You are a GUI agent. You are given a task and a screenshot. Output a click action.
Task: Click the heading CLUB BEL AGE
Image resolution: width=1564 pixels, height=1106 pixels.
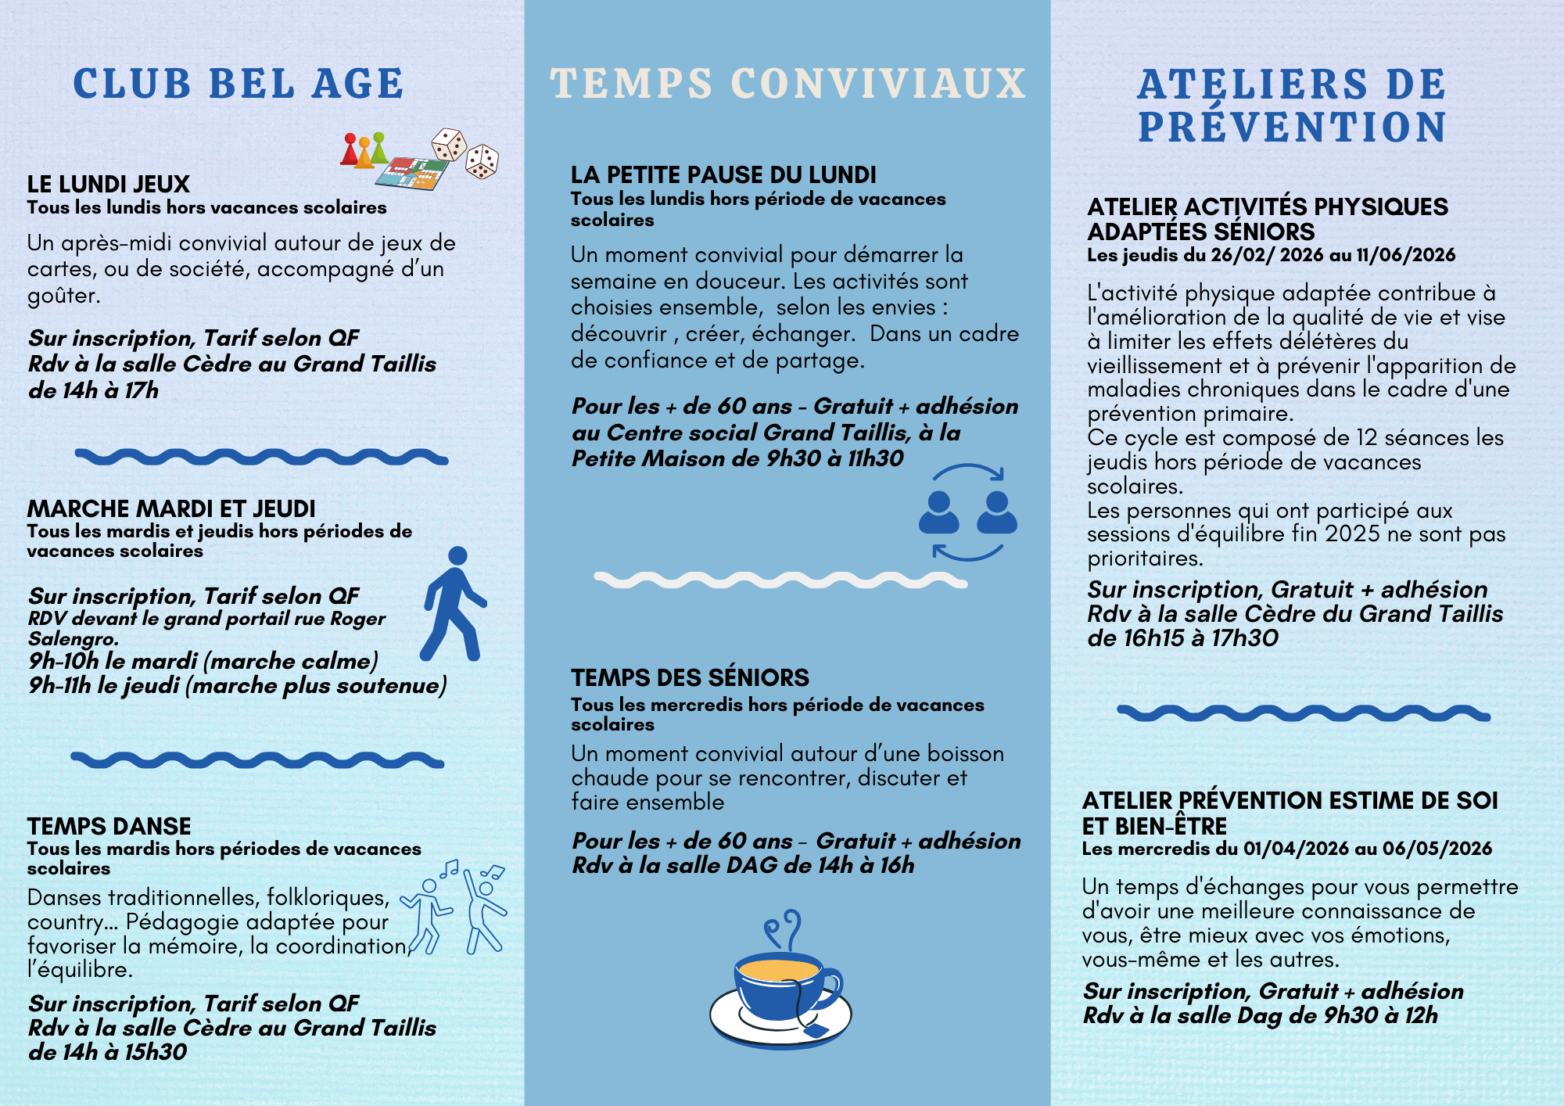pyautogui.click(x=239, y=84)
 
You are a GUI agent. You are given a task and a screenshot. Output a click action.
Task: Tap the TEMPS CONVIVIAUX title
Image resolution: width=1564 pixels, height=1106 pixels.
pyautogui.click(x=787, y=84)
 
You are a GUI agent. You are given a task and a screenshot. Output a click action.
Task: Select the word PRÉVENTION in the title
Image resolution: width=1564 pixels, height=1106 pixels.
pyautogui.click(x=1292, y=128)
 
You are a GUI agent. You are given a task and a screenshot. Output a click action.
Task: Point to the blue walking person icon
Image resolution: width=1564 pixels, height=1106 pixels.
pyautogui.click(x=454, y=604)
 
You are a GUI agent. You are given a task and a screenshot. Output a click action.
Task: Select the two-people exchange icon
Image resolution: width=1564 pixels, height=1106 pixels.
pyautogui.click(x=968, y=513)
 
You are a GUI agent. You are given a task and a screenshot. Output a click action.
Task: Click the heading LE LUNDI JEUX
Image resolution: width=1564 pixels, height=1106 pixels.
pyautogui.click(x=109, y=184)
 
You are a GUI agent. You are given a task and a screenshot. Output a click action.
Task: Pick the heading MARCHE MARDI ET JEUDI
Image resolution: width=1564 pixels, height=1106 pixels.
pyautogui.click(x=171, y=508)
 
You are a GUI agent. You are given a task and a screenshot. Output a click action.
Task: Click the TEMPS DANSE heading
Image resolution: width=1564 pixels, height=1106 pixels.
pyautogui.click(x=109, y=826)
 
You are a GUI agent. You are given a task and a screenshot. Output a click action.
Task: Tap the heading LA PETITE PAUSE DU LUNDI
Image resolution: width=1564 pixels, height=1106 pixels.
pyautogui.click(x=723, y=174)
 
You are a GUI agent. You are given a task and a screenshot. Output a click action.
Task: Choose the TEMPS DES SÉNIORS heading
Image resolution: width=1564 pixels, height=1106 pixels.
pyautogui.click(x=690, y=677)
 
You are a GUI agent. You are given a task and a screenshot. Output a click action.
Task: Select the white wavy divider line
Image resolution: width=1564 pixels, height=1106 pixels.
pyautogui.click(x=780, y=580)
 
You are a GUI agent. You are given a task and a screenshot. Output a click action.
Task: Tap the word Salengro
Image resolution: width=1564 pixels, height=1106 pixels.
pyautogui.click(x=73, y=638)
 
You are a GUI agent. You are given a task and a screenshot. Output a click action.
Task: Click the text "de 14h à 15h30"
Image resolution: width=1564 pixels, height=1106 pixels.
pyautogui.click(x=108, y=1052)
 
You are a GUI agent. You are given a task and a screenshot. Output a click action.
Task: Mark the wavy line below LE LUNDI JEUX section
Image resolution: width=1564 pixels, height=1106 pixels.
pyautogui.click(x=261, y=457)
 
